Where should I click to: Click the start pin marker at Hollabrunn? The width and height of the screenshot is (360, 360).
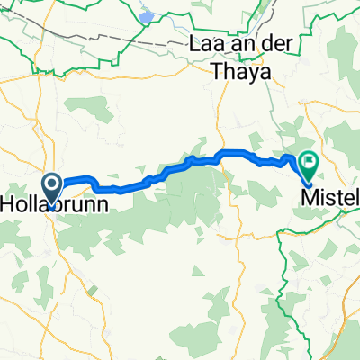[52, 189]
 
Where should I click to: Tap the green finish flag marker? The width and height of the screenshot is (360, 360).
[309, 165]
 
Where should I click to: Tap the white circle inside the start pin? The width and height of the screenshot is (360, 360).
[52, 186]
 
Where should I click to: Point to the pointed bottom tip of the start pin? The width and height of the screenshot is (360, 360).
[52, 202]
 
